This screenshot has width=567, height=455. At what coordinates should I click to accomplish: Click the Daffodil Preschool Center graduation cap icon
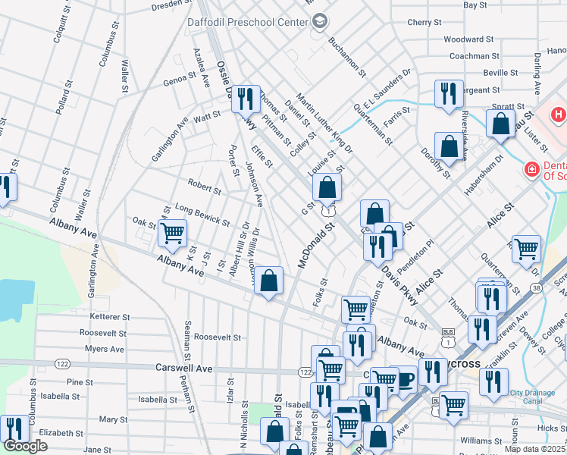[x=320, y=21]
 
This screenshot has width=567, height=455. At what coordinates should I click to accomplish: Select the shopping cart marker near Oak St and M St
[x=173, y=233]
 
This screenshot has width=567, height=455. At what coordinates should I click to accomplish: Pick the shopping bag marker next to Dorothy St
[x=450, y=146]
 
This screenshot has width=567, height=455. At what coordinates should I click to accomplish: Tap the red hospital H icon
[x=559, y=115]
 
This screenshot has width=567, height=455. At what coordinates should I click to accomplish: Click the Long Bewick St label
[x=202, y=215]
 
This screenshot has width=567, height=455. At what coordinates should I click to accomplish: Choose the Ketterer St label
[x=110, y=316]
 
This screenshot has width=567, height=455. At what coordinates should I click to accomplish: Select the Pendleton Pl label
[x=419, y=256]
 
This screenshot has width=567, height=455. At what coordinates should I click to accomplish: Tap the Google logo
[x=25, y=447]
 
